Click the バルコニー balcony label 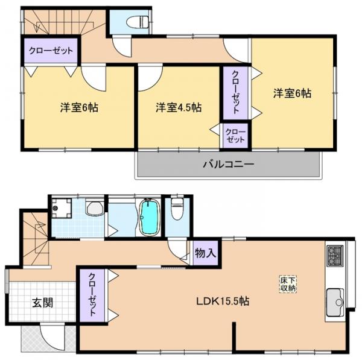coord(228,163)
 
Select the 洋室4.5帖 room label coord(179,107)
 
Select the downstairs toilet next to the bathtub coord(177,210)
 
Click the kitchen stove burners coord(335,255)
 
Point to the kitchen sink coord(334,298)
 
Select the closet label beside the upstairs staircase coord(51,51)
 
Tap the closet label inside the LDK coord(92,295)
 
